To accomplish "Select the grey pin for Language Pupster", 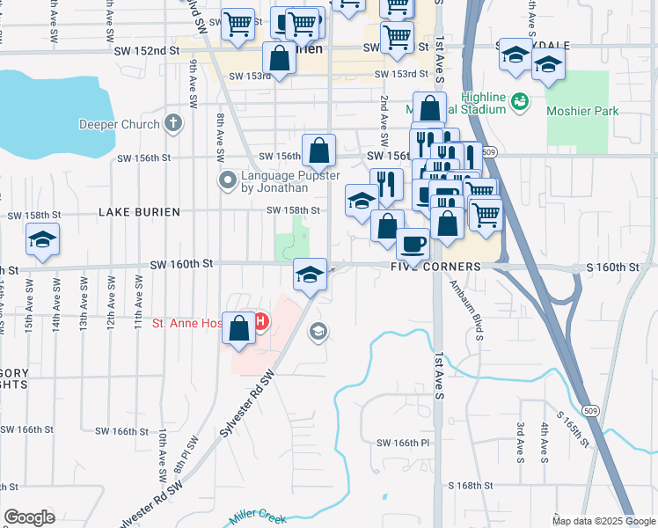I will pyautogui.click(x=227, y=181).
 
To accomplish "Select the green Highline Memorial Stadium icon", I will pyautogui.click(x=519, y=102).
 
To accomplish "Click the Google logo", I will pyautogui.click(x=29, y=517).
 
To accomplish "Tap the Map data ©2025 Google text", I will pyautogui.click(x=603, y=521).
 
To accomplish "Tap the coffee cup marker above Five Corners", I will pyautogui.click(x=413, y=243).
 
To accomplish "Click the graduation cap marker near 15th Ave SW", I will pyautogui.click(x=42, y=239).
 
